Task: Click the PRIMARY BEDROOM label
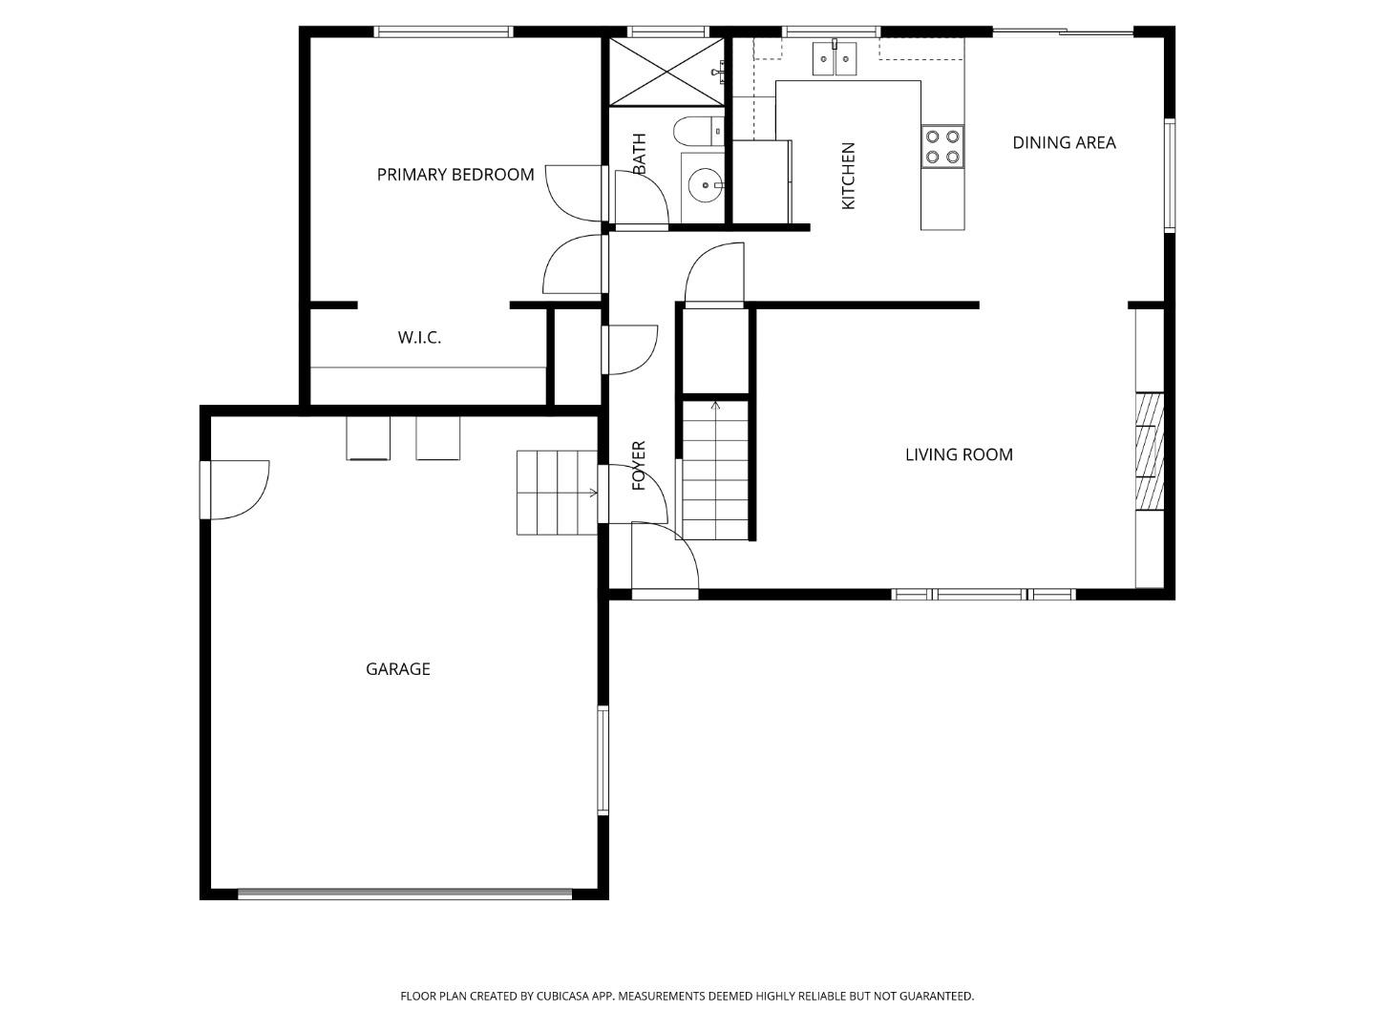455,175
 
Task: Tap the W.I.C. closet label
419,338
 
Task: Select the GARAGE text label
398,669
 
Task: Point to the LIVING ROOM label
959,454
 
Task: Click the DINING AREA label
1064,143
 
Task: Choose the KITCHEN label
848,176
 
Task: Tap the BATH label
640,153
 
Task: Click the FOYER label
640,465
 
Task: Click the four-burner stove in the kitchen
941,147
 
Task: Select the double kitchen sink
835,59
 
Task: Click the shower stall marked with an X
666,72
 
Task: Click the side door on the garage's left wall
235,490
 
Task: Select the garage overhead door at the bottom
405,894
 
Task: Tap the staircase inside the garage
556,493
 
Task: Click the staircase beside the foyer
715,470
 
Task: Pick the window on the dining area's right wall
1169,176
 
